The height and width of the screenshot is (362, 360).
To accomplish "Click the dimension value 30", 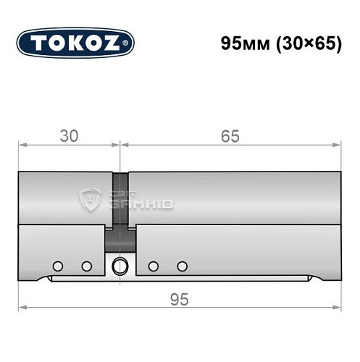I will [x=69, y=135].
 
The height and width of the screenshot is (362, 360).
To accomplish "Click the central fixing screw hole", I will [x=120, y=266].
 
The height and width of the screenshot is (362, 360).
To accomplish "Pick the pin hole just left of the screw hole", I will [x=87, y=266].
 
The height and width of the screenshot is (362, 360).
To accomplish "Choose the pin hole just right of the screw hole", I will [x=154, y=266].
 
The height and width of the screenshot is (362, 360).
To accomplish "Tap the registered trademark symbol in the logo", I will [x=130, y=46].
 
